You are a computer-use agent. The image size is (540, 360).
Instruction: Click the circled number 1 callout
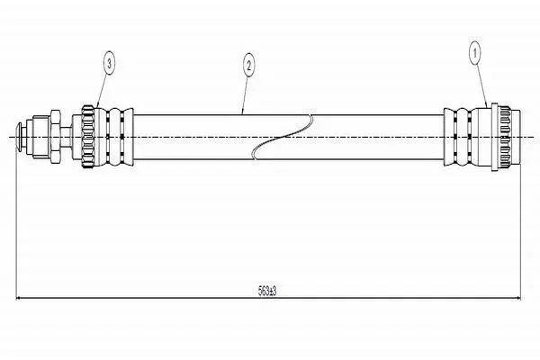point(475,53)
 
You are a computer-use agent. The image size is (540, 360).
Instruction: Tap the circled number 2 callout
point(248,65)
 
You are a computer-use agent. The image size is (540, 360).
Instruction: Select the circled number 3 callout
point(109,63)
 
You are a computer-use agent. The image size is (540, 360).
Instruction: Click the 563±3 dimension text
point(267,292)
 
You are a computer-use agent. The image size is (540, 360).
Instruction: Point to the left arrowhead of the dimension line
point(19,298)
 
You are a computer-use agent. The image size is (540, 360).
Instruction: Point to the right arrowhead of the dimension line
point(517,298)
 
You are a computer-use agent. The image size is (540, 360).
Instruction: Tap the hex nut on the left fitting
point(56,137)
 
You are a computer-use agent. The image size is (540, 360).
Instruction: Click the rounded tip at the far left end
point(20,137)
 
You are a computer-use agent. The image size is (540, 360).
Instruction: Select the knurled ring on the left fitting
point(87,137)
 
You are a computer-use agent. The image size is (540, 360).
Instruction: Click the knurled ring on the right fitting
point(504,137)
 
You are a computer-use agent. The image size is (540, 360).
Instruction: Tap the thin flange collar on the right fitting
point(494,137)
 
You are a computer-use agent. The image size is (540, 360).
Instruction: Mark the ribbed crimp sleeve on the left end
point(116,137)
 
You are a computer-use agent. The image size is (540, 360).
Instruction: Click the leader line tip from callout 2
point(242,113)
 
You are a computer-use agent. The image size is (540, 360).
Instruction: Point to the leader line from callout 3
point(103,90)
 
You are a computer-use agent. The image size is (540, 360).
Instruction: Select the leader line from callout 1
point(481,85)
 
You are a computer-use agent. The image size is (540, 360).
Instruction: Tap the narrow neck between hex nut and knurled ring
point(66,137)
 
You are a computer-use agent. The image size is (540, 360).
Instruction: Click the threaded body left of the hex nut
point(39,137)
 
